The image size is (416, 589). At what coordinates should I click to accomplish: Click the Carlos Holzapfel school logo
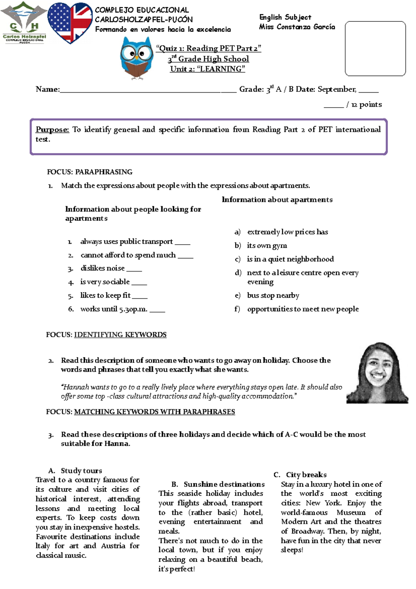24,23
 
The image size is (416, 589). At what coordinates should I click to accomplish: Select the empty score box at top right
375,49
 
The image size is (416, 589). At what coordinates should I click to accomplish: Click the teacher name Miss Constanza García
297,27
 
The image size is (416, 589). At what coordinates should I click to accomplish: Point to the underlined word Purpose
52,130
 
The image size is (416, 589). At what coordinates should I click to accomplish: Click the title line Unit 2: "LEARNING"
207,69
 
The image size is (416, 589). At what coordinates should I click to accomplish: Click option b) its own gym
267,246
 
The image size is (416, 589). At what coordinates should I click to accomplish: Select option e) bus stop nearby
273,295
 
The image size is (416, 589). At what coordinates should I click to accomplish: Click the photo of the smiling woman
377,373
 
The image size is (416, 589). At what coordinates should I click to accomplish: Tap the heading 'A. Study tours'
75,471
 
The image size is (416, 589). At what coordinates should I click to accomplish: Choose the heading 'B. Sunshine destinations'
218,484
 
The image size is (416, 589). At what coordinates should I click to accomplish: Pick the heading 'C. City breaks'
300,475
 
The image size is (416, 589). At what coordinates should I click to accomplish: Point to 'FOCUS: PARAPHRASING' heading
89,172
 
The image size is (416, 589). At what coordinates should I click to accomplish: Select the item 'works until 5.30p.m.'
114,309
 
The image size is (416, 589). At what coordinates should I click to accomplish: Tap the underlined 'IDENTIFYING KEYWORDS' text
120,335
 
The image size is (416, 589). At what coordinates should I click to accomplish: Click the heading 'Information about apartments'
277,199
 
